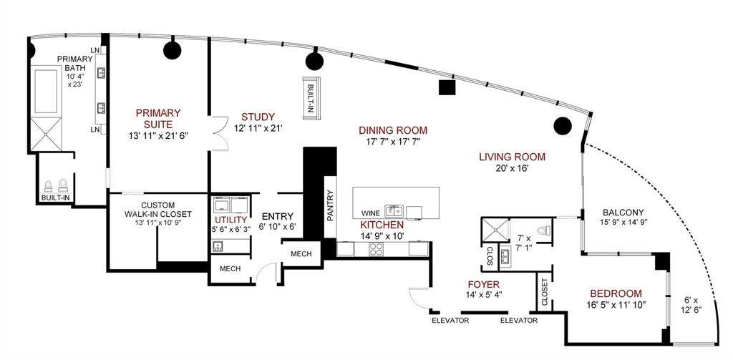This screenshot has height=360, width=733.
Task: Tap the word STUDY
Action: pos(258,117)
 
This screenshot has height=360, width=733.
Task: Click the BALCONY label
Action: pos(623,212)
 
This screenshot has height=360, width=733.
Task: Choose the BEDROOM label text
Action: pos(616,293)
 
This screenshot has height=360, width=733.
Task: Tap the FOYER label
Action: pos(482,283)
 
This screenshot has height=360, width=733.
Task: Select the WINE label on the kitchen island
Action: pos(369,213)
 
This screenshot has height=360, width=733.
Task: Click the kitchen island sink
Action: pos(393,210)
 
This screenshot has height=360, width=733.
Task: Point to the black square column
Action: pos(447,87)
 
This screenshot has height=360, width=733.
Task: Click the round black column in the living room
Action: pos(563,127)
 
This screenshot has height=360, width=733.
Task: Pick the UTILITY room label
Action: pos(231,220)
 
